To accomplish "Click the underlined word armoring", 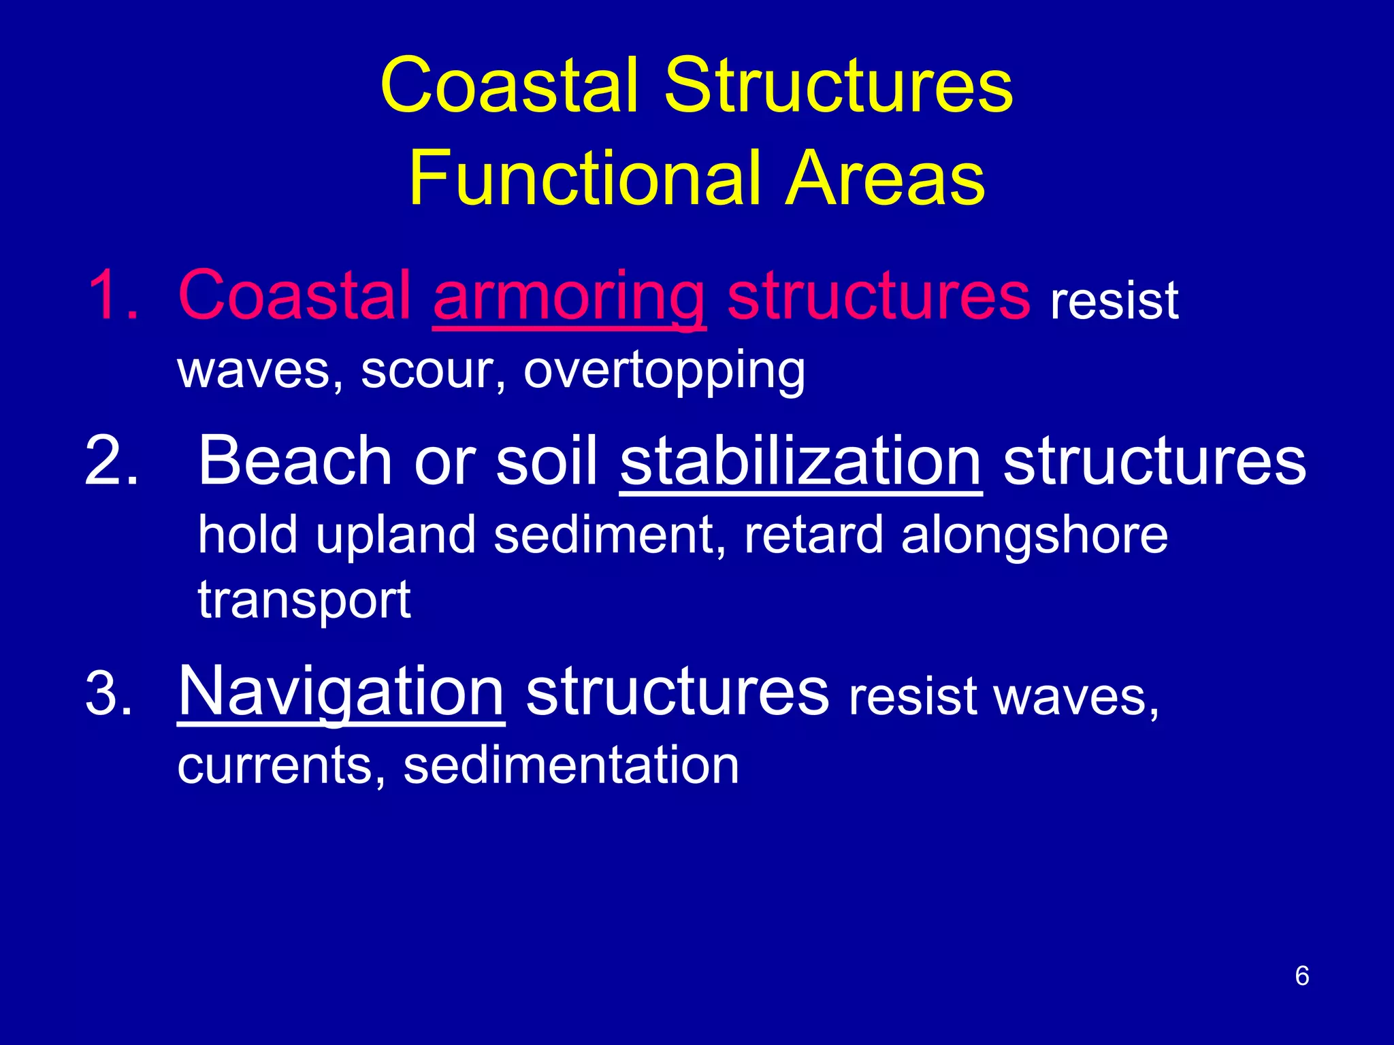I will pyautogui.click(x=569, y=297).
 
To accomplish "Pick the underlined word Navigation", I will pyautogui.click(x=341, y=693).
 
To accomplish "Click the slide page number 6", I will pyautogui.click(x=1301, y=976).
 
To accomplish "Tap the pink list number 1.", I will pyautogui.click(x=112, y=295).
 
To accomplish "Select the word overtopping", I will pyautogui.click(x=664, y=371).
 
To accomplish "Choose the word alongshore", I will pyautogui.click(x=1034, y=536).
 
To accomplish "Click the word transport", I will pyautogui.click(x=304, y=601).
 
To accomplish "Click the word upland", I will pyautogui.click(x=395, y=536).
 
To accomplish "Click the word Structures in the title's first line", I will pyautogui.click(x=839, y=86).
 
